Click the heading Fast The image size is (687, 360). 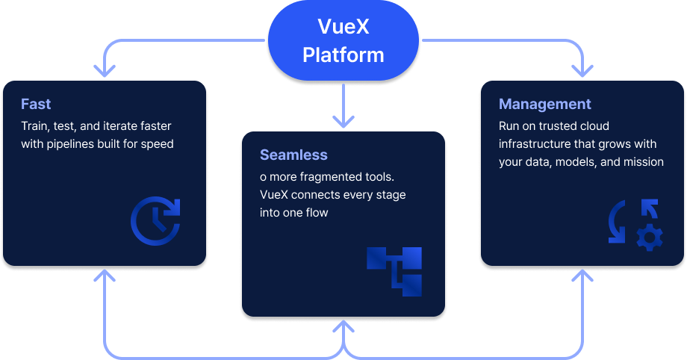click(x=36, y=104)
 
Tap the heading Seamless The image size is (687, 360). click(x=293, y=155)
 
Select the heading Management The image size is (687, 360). click(x=544, y=104)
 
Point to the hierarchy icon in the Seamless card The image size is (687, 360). click(x=394, y=271)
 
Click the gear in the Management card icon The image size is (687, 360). click(x=649, y=238)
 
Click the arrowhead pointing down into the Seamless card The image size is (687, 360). click(x=343, y=120)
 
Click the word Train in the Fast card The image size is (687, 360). click(x=35, y=126)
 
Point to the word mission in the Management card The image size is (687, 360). click(x=643, y=161)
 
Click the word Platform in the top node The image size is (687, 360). click(x=343, y=55)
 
